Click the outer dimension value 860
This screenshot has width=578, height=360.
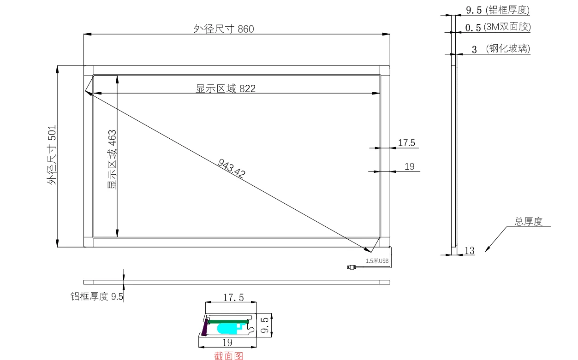[246, 29]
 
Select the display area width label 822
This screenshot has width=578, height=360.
[247, 89]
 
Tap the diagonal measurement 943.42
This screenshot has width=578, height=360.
[232, 168]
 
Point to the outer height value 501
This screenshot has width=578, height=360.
[52, 133]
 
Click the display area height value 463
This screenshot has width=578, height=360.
[112, 137]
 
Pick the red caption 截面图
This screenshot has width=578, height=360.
[229, 356]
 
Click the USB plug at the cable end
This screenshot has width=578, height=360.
[352, 267]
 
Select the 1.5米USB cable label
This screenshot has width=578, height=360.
[377, 261]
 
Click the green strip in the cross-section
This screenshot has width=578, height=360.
[228, 322]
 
